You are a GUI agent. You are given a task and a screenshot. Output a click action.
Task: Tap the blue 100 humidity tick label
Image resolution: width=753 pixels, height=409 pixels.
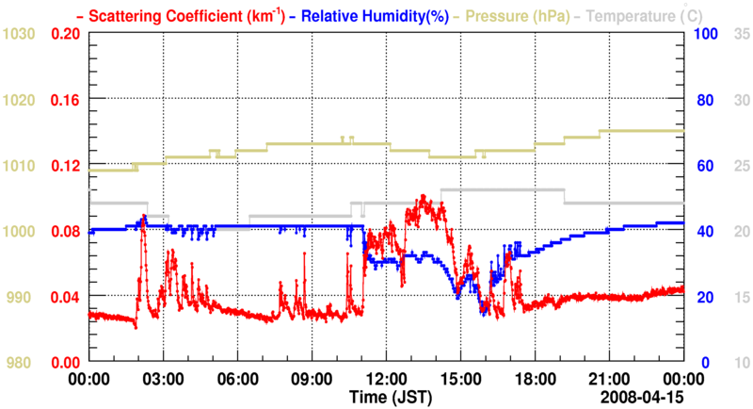pyautogui.click(x=707, y=34)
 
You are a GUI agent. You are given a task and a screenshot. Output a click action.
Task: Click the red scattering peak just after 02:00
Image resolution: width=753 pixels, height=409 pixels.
pyautogui.click(x=143, y=220)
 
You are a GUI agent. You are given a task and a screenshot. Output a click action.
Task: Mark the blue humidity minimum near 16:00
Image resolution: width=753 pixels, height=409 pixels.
pyautogui.click(x=483, y=313)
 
